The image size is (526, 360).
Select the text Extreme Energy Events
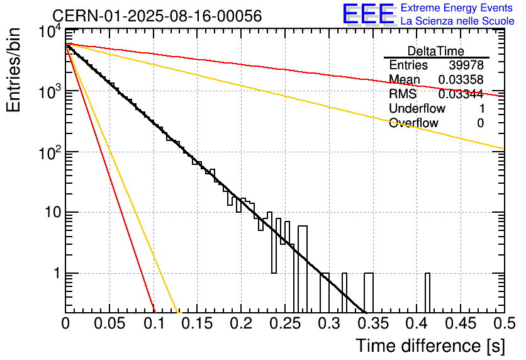[x=457, y=8]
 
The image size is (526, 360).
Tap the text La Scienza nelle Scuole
[x=457, y=21]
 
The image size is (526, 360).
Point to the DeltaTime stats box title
[x=436, y=51]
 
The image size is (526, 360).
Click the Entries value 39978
[x=466, y=65]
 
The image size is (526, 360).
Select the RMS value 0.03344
[x=461, y=94]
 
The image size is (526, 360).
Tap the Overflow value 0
[x=480, y=123]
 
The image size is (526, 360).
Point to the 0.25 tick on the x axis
[x=285, y=324]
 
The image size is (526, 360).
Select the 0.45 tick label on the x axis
[x=461, y=324]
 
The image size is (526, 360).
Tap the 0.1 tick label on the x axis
[x=154, y=324]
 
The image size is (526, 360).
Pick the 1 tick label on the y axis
[x=55, y=274]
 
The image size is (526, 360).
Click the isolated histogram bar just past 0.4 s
[x=428, y=293]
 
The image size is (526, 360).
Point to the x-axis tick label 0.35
[x=372, y=324]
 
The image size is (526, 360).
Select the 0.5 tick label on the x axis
[x=504, y=324]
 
